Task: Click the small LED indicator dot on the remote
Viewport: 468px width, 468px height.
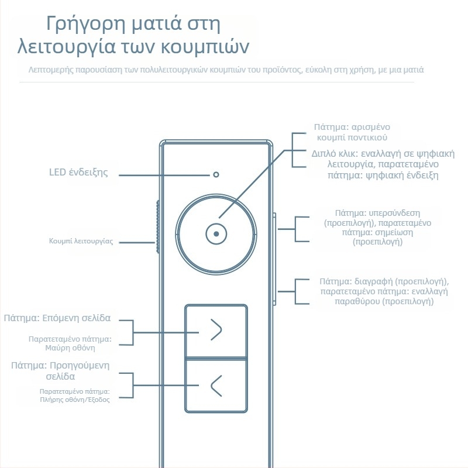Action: point(216,174)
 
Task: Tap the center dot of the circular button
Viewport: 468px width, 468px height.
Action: point(216,233)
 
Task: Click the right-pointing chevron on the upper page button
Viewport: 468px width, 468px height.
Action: point(216,331)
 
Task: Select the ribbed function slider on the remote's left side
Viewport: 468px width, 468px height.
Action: point(158,228)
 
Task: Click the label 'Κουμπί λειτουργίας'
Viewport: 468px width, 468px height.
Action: point(81,241)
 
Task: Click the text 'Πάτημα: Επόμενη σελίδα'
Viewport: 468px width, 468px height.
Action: point(57,319)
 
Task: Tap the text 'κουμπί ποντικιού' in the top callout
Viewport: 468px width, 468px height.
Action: point(352,137)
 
